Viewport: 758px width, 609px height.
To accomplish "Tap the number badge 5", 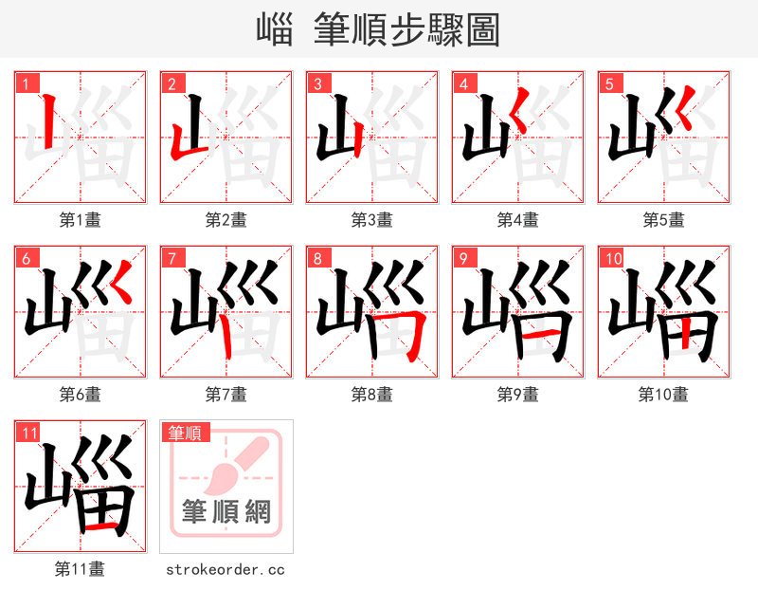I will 609,83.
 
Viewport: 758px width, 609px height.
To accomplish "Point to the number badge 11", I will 29,433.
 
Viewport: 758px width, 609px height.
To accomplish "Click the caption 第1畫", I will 81,220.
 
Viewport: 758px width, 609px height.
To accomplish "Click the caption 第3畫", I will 372,220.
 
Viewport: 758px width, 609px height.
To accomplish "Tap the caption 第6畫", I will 81,395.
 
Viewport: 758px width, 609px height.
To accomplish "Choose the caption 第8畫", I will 372,395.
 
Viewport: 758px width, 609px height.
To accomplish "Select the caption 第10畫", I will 663,395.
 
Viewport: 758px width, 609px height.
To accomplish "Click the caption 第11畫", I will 81,569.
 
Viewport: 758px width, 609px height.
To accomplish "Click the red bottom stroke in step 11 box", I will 98,524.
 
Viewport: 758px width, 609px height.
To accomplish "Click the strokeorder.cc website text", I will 226,570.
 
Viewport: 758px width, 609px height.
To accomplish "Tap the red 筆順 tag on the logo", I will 185,434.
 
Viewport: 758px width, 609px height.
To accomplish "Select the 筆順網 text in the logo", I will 226,512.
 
